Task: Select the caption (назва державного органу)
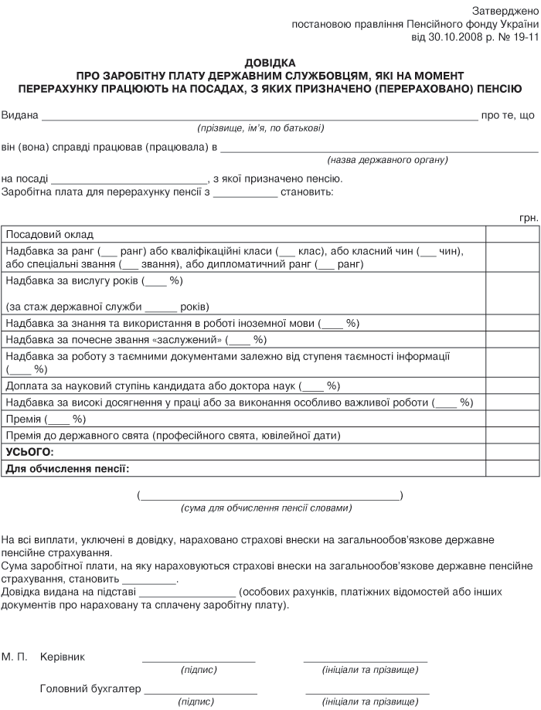pos(387,160)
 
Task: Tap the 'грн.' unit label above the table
pos(529,219)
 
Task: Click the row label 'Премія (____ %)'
pos(46,420)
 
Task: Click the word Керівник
pos(63,657)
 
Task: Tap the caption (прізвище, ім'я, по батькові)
pos(260,127)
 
